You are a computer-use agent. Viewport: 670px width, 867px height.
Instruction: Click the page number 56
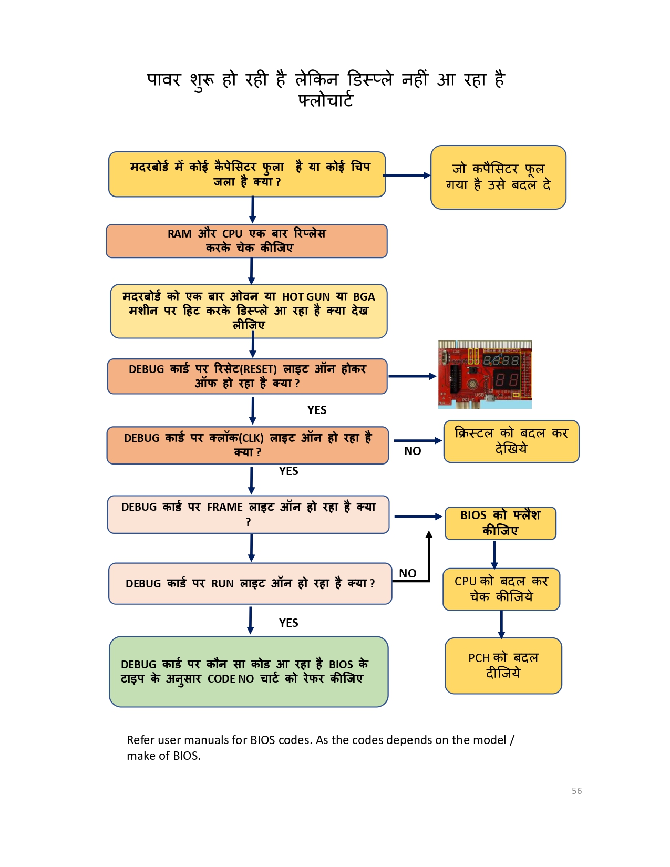coord(576,791)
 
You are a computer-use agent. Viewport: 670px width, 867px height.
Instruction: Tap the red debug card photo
coord(485,374)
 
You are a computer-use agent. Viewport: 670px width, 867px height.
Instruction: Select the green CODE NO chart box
coord(249,672)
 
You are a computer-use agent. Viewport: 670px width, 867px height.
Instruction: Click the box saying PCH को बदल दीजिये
coord(503,666)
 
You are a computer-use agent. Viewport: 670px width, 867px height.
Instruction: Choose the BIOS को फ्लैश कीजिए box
coord(500,523)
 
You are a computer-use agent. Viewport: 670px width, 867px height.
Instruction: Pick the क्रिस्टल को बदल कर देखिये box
coord(511,441)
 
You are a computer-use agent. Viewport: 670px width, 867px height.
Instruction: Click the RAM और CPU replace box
coord(246,241)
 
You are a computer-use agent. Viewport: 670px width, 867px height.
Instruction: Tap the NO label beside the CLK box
coord(413,451)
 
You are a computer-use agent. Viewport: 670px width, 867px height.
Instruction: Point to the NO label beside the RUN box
coord(408,573)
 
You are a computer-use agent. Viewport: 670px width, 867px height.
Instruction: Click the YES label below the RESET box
coord(317,410)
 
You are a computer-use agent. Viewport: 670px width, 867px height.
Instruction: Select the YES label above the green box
coord(288,623)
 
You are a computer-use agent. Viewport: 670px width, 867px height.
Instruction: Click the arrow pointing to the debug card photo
coord(412,376)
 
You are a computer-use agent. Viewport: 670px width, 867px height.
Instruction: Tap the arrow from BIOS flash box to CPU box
coord(494,554)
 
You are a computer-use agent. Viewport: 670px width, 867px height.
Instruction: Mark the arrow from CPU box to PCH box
coord(501,624)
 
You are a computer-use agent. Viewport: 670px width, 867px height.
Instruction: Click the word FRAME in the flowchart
coord(224,507)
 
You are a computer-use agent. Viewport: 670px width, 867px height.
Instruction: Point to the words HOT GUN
coord(306,297)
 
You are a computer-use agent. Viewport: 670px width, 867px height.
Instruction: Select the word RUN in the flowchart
coord(222,584)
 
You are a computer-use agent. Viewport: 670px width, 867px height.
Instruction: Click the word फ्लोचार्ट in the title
coord(325,100)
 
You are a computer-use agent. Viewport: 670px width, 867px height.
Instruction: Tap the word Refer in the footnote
coord(140,740)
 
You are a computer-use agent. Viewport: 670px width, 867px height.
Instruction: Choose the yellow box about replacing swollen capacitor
coord(498,177)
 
